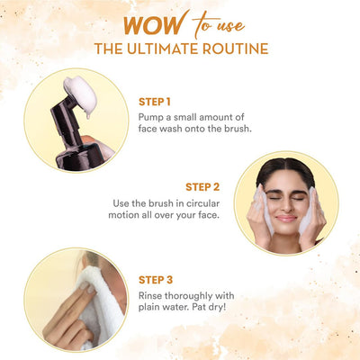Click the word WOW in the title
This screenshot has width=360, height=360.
click(x=152, y=25)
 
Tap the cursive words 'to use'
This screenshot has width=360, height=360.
click(x=217, y=24)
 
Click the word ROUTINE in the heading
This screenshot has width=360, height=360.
click(x=235, y=49)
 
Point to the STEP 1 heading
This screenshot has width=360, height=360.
click(x=155, y=102)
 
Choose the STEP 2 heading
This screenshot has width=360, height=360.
click(x=202, y=187)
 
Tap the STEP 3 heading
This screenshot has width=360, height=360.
click(x=156, y=280)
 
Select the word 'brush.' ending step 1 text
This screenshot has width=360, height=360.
click(x=238, y=129)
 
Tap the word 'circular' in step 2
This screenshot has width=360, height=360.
click(x=202, y=203)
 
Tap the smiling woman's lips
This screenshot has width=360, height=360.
click(x=286, y=219)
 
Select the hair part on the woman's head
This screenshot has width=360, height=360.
click(x=285, y=164)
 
